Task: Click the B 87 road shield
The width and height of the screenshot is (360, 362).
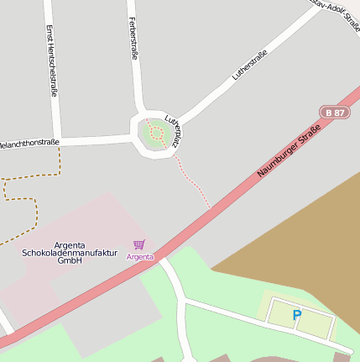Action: click(x=335, y=113)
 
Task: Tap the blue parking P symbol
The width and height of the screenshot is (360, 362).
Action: click(x=296, y=315)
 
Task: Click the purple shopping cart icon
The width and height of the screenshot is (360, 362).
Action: click(x=138, y=244)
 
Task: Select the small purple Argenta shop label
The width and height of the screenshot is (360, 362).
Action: click(x=140, y=256)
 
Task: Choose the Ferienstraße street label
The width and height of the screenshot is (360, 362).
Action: click(x=133, y=39)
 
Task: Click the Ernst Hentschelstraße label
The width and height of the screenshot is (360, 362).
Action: click(x=51, y=60)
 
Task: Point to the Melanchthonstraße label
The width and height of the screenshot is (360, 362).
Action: click(x=29, y=143)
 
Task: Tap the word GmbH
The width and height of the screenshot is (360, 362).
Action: click(x=69, y=261)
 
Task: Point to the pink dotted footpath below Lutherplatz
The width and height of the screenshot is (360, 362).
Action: click(x=193, y=181)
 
